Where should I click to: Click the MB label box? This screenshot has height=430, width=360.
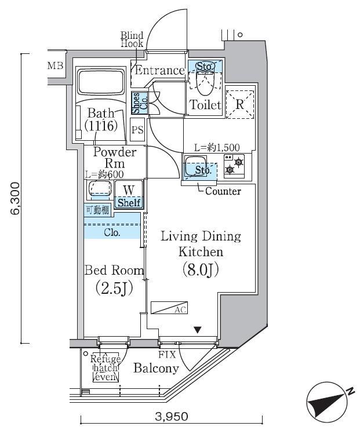(56, 65)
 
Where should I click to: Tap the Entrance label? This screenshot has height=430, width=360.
(159, 71)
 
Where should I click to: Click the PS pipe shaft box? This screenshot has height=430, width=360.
(137, 130)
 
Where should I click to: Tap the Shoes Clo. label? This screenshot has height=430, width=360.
(139, 103)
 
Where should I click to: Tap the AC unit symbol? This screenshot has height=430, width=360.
(169, 308)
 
